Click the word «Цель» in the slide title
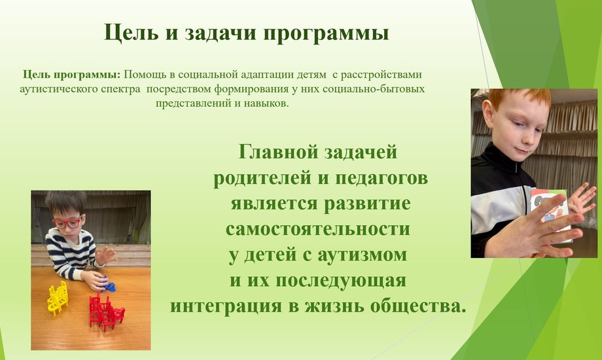coord(131,33)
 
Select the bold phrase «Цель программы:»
coord(72,75)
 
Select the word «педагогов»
coord(381,179)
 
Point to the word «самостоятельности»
coord(318,229)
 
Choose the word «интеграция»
coord(229,306)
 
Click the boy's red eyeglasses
coord(67,223)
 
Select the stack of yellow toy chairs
coord(58,298)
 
